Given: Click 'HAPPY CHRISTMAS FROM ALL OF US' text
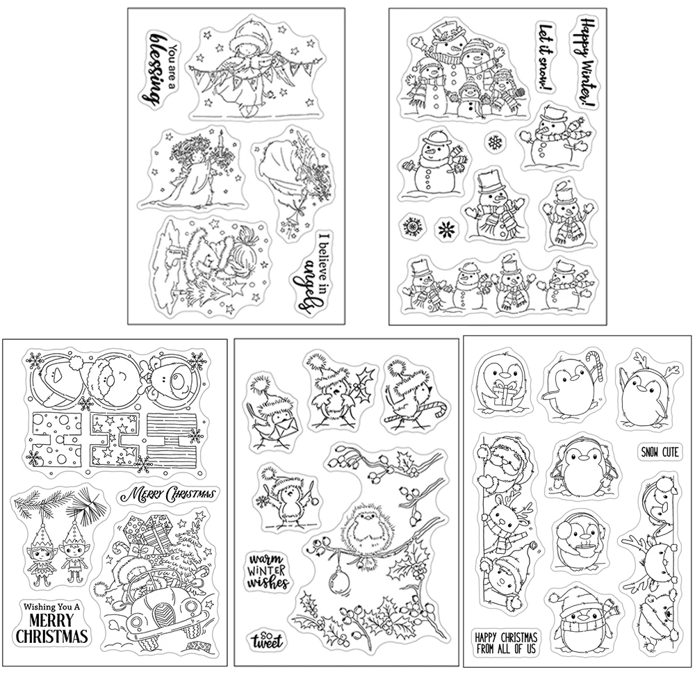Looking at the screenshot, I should tap(515, 644).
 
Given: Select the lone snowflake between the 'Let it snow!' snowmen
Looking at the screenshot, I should tap(494, 143).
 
